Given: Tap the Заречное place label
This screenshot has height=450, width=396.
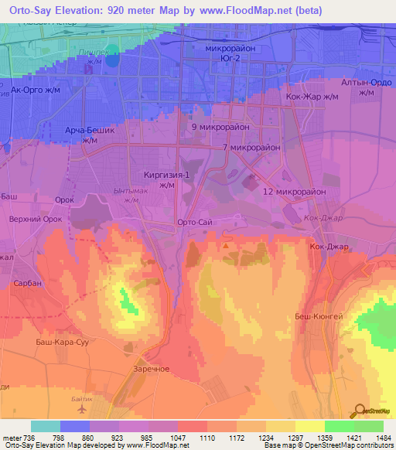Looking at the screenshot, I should (151, 369).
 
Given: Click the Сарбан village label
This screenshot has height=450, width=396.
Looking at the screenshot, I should (28, 283).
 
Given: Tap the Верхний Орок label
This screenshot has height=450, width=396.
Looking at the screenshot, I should (35, 219).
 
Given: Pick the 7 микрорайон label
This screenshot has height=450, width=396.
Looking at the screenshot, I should (245, 147).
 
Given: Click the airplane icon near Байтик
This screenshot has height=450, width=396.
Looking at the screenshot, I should (94, 404).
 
